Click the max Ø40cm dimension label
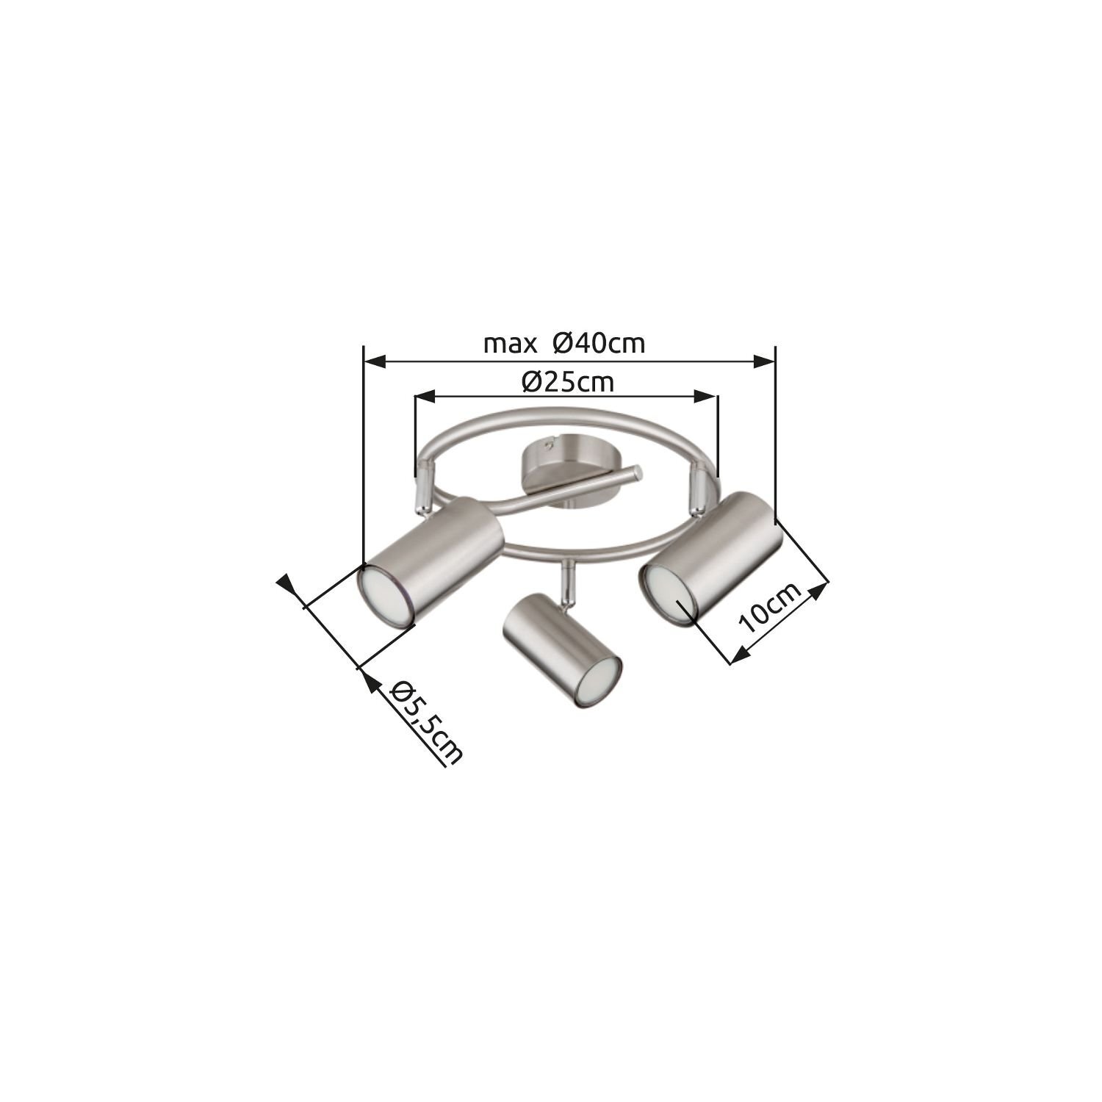pyautogui.click(x=564, y=343)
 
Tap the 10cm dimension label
pyautogui.click(x=769, y=608)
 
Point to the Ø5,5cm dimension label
pyautogui.click(x=425, y=721)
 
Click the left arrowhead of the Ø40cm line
pyautogui.click(x=375, y=361)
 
